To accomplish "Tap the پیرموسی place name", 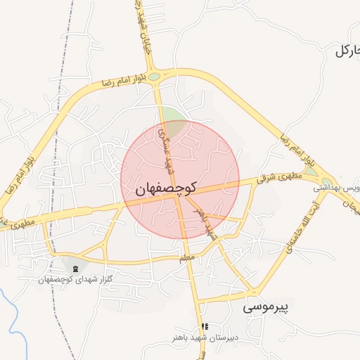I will click(x=266, y=307).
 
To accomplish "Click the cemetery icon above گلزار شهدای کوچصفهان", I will click(x=75, y=268).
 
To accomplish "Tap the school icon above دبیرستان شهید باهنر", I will click(x=205, y=326).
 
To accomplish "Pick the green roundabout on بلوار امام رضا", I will click(x=154, y=77).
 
